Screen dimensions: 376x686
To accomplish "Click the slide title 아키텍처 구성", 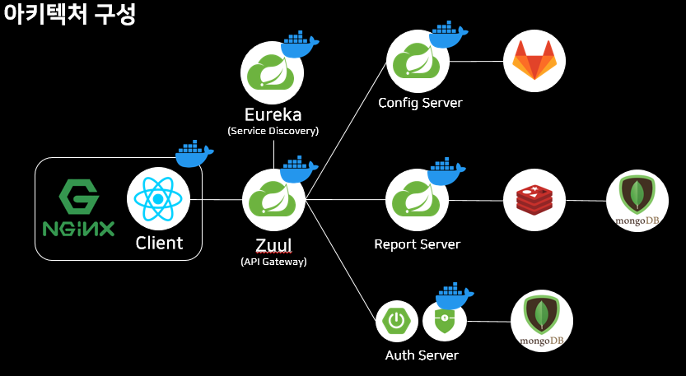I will tap(69, 15).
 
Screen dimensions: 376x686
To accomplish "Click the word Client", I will tap(159, 244).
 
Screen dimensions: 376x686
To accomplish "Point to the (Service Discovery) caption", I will tap(273, 131).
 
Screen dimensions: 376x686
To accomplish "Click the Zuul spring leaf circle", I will tap(273, 200).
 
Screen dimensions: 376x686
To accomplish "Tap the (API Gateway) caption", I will tap(273, 262).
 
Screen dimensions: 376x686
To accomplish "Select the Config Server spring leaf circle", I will tap(418, 61).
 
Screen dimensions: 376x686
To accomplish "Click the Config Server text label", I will tap(420, 103).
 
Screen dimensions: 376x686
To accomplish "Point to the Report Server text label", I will tap(417, 244).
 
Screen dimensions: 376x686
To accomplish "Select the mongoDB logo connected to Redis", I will tap(637, 200).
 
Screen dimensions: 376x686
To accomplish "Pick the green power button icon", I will tap(398, 322).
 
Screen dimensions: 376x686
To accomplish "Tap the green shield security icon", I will tap(445, 321).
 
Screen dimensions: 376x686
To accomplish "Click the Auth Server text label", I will tap(422, 355).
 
